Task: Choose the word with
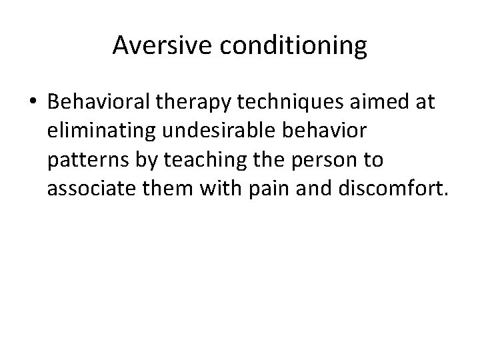click(x=220, y=189)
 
